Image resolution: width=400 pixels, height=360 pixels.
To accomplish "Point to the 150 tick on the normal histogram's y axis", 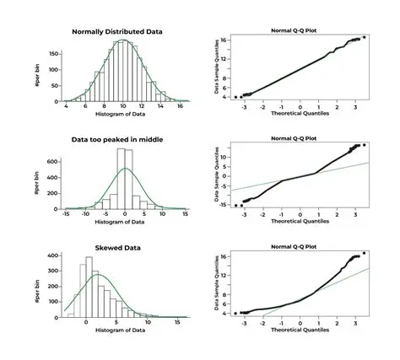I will tap(53, 53).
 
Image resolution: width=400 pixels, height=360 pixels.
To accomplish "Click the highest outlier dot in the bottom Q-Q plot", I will tap(364, 252).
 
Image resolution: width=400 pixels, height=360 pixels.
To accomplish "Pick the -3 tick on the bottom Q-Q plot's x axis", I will tap(243, 322).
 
